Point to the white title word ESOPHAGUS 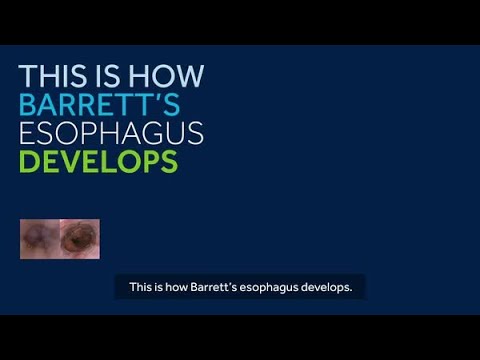click(112, 132)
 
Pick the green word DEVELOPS click(98, 160)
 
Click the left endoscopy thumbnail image click(40, 239)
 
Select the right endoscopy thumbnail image click(80, 239)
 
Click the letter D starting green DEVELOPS click(28, 160)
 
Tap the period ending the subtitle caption click(353, 290)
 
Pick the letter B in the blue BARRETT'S click(28, 104)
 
